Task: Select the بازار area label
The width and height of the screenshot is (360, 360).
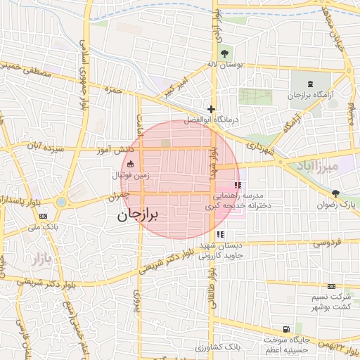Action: (41, 259)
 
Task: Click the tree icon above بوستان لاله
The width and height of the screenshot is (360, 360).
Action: (224, 53)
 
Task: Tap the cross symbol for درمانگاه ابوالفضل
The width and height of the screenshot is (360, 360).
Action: (211, 109)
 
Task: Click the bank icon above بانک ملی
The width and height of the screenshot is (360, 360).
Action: (44, 215)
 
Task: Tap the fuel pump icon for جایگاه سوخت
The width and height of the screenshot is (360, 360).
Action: (285, 329)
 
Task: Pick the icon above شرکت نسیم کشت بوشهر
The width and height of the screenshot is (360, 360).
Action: (331, 286)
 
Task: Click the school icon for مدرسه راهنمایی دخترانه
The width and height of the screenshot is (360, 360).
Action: (237, 186)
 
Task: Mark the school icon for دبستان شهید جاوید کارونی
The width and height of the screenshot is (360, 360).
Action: (220, 234)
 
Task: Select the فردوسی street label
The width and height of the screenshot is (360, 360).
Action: (326, 243)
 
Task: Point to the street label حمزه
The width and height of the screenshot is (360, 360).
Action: (113, 90)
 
